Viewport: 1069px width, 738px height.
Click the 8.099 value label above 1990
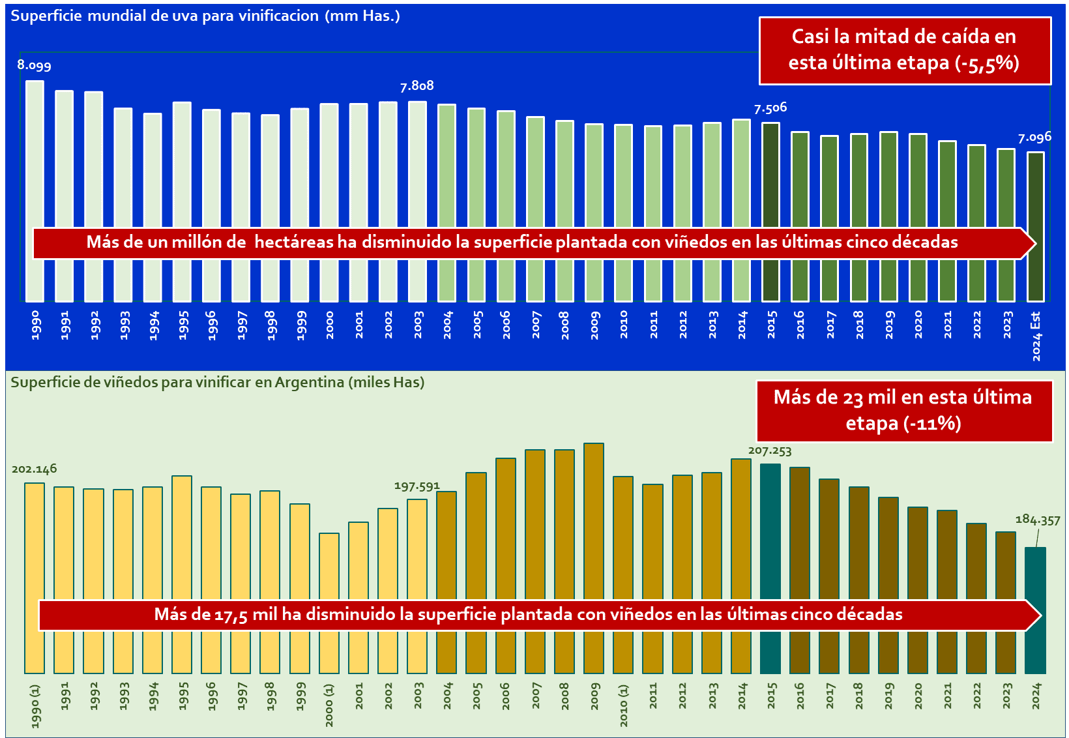pos(34,65)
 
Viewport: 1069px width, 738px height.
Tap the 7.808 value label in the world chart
pos(417,86)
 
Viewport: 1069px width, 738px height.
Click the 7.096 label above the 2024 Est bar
pos(1034,138)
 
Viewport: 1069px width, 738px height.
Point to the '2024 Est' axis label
pos(1036,336)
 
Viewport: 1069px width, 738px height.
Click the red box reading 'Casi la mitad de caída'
pos(905,50)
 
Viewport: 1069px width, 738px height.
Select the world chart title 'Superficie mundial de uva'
pos(205,16)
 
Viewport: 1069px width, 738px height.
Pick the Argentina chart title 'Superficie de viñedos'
pos(217,382)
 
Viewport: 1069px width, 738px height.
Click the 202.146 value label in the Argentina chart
pos(34,469)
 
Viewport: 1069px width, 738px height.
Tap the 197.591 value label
pos(417,486)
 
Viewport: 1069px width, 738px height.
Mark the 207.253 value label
pos(770,450)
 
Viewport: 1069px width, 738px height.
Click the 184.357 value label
pos(1038,520)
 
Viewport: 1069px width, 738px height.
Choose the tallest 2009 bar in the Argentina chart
pos(594,522)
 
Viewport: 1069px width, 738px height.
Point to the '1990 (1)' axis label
pos(35,706)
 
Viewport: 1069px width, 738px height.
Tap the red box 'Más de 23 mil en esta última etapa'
pos(904,411)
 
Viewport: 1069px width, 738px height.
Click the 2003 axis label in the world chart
pos(418,325)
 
